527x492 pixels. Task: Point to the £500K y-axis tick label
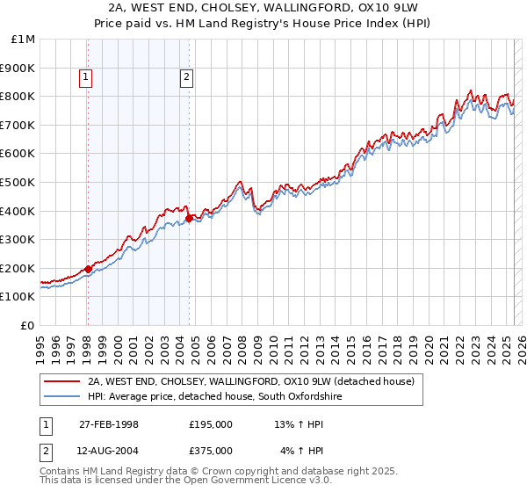pyautogui.click(x=18, y=182)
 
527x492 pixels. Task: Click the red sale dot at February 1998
pyautogui.click(x=88, y=269)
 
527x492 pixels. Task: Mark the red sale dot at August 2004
pyautogui.click(x=189, y=218)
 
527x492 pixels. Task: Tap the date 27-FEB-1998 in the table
pyautogui.click(x=109, y=424)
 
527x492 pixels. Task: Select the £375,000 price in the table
pyautogui.click(x=211, y=450)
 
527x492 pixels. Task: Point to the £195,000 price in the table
pyautogui.click(x=211, y=424)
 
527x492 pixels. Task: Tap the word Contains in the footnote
pyautogui.click(x=61, y=473)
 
